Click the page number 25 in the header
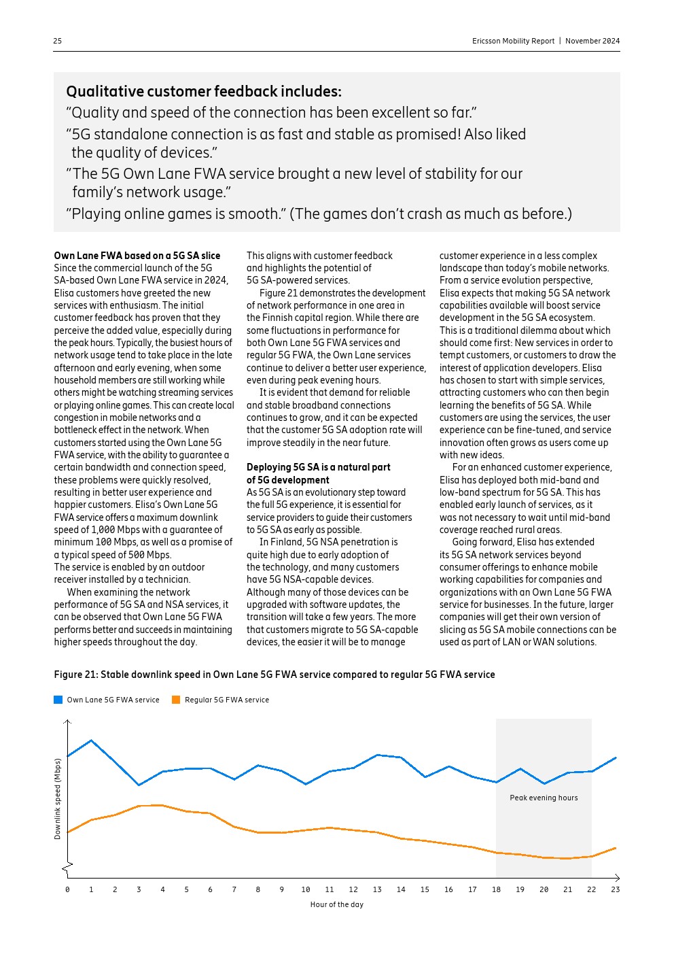click(58, 41)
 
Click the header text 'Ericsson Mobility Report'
click(513, 41)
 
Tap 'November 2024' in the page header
click(592, 41)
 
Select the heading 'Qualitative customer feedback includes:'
click(204, 92)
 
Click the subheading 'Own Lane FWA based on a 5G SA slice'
click(137, 256)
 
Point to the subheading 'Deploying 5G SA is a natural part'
click(319, 467)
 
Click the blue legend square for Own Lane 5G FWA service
click(58, 700)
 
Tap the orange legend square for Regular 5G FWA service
click(176, 700)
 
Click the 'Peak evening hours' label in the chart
click(544, 798)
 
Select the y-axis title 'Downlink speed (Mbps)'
click(58, 798)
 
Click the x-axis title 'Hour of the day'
click(336, 904)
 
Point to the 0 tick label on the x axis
click(67, 889)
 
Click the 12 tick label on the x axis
click(353, 889)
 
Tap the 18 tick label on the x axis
click(496, 889)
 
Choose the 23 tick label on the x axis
click(616, 889)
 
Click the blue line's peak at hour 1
click(91, 740)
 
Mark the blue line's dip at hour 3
click(139, 785)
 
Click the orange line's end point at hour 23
click(616, 848)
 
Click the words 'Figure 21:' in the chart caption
click(75, 675)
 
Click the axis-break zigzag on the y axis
click(67, 867)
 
